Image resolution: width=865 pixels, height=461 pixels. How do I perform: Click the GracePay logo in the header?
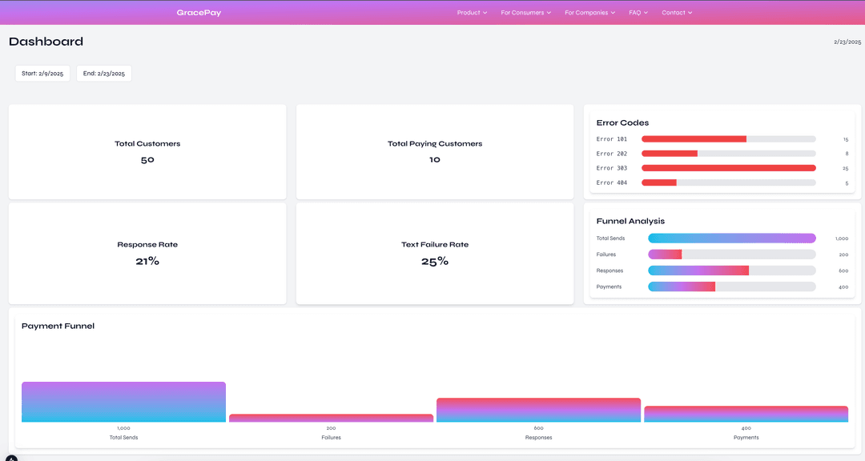click(199, 13)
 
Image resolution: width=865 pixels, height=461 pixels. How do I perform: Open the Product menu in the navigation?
click(472, 13)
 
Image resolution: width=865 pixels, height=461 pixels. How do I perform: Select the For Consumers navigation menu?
click(525, 13)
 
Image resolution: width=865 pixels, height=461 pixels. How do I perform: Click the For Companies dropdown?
click(589, 13)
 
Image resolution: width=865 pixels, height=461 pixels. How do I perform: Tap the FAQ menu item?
click(638, 13)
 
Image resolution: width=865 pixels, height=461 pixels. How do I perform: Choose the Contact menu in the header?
click(676, 13)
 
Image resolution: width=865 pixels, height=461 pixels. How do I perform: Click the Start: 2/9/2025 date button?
click(42, 74)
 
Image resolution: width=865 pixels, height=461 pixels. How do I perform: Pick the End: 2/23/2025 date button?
click(104, 74)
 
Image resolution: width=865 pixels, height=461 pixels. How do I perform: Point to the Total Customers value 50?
click(147, 160)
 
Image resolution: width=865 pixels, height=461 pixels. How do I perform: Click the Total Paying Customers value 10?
click(435, 160)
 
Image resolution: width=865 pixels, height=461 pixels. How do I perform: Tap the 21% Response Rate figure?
click(147, 261)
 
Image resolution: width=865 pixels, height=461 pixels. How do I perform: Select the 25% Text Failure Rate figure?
click(435, 261)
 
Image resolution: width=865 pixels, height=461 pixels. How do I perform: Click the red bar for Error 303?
click(728, 168)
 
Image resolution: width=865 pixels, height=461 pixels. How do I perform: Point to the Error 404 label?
click(612, 183)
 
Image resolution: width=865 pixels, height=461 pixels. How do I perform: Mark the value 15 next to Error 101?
click(845, 139)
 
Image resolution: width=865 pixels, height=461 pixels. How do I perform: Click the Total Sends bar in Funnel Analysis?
click(731, 239)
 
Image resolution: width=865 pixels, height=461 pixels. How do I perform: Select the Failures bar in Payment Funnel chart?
click(331, 418)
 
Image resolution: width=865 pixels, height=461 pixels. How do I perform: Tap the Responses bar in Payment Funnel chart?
click(538, 410)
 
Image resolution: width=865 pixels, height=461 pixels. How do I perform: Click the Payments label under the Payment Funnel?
click(746, 438)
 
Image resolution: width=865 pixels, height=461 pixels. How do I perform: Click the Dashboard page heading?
click(46, 42)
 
